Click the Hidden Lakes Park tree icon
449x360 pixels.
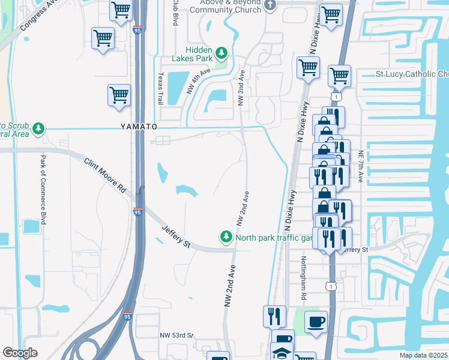[x=221, y=53]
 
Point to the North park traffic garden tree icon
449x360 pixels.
[x=226, y=238]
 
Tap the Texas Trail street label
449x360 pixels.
[x=160, y=89]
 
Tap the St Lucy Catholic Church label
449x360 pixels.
[x=412, y=74]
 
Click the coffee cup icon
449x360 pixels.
[x=316, y=322]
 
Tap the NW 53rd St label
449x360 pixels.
[x=178, y=335]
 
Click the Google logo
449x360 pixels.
[x=20, y=353]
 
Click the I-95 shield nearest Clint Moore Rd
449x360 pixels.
[x=137, y=212]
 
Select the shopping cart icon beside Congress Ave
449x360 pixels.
[x=103, y=38]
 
